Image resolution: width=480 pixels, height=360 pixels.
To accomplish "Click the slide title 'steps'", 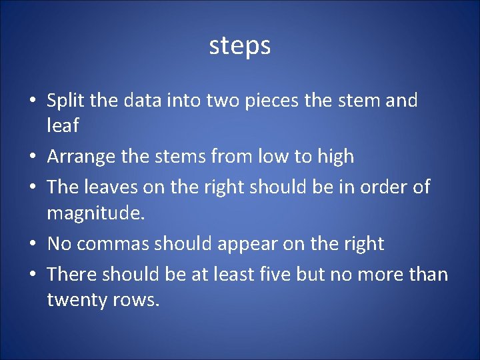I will tap(240, 46).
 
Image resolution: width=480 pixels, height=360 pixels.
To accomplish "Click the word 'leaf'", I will tap(63, 125).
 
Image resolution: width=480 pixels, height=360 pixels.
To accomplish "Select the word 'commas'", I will tap(113, 244).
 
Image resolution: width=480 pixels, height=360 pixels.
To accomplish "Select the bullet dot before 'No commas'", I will tap(32, 245).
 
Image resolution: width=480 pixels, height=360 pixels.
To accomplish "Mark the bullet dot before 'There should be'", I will tap(32, 275).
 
